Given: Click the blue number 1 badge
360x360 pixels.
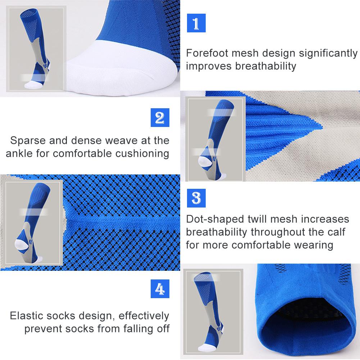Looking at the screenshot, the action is (x=196, y=23).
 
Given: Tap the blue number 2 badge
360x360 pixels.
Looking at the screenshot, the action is (x=160, y=118).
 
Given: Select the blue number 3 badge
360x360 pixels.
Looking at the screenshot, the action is (x=196, y=198).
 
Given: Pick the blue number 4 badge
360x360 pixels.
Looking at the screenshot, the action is (x=160, y=288).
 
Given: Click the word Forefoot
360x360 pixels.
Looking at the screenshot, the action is (x=207, y=53).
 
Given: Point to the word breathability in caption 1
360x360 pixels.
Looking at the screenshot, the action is (x=265, y=66).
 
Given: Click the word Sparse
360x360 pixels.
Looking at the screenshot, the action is (x=28, y=141).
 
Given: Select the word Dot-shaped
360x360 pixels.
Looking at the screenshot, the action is (x=215, y=219).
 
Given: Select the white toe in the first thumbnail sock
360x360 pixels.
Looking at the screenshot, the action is (x=33, y=85).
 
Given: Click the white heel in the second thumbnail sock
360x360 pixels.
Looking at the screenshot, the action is (x=205, y=161).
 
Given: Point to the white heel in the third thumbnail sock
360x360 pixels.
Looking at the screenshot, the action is (x=21, y=244).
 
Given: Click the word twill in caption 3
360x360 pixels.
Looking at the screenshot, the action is (x=259, y=219).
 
